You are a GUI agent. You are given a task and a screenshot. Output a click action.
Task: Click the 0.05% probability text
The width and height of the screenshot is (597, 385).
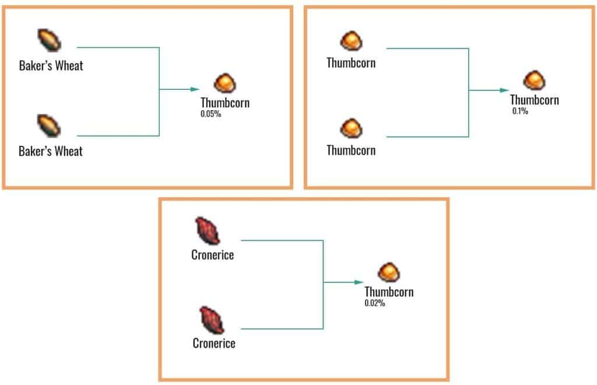[x=210, y=114]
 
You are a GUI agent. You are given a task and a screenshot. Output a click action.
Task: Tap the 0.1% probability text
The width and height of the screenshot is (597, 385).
[x=520, y=111]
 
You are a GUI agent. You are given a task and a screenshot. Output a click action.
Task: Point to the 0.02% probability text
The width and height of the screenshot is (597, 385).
[x=375, y=303]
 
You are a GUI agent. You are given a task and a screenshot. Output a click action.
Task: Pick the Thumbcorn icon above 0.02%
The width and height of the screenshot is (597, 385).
[x=388, y=272]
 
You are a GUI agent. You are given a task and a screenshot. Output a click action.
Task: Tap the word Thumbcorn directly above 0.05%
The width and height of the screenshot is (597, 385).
[x=225, y=103]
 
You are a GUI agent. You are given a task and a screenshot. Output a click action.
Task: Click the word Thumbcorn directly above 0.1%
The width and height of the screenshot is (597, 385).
[x=534, y=100]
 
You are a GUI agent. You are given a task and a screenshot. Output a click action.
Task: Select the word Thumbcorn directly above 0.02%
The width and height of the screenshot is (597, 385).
[x=389, y=292]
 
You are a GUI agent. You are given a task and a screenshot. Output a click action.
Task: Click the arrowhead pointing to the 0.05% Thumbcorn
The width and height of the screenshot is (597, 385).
[x=195, y=89]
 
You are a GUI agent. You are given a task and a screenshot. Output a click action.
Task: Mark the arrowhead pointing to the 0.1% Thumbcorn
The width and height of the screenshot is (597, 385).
[x=504, y=90]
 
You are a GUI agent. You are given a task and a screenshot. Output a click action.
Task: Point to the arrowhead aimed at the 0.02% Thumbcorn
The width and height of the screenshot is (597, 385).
[x=359, y=282]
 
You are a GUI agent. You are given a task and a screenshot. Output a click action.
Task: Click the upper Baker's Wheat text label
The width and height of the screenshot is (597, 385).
[x=51, y=65]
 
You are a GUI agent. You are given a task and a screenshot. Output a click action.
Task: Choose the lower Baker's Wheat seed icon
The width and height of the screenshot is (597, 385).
[x=50, y=125]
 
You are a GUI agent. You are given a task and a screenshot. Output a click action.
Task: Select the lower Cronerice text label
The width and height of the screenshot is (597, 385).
[x=214, y=343]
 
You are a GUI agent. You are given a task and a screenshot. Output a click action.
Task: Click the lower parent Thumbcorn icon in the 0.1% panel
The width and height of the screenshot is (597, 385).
[x=351, y=127]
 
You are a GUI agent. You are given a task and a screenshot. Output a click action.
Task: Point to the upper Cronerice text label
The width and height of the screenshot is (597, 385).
[x=212, y=255]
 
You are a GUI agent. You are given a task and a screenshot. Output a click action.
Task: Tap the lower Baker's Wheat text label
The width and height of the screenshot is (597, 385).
[x=51, y=152]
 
